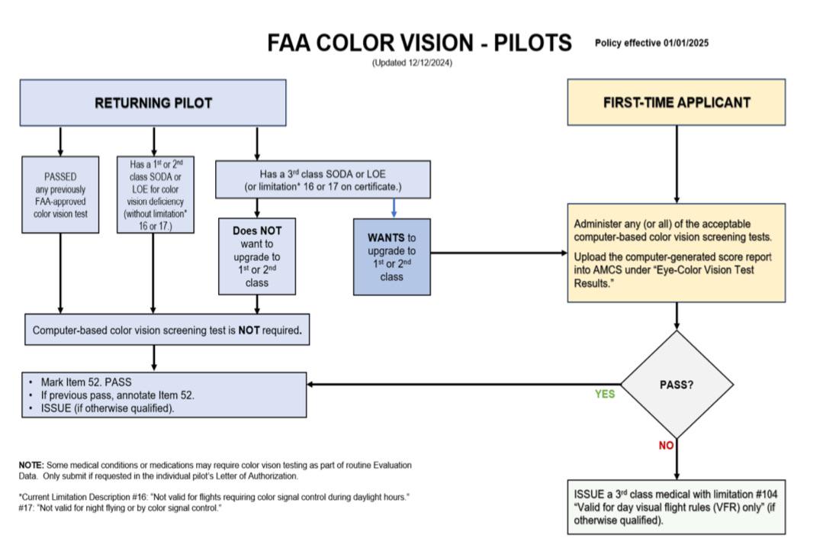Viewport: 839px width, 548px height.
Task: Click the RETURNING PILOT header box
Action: coord(153,103)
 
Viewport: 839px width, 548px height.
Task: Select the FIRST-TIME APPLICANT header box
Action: coord(676,102)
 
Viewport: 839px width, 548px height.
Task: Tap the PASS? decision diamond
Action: coord(677,385)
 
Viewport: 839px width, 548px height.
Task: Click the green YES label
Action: coord(604,395)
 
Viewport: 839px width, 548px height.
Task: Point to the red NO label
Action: coord(666,446)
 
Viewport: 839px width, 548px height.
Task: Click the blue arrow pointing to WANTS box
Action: coord(394,208)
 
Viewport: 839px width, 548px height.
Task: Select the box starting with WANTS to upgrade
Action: coord(391,256)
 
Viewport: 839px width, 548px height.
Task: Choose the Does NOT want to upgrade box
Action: coord(256,256)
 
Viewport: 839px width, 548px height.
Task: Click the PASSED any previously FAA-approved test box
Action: coord(60,194)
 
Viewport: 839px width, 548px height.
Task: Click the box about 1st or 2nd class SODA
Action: coord(154,194)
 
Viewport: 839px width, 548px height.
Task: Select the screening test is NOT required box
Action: coord(168,332)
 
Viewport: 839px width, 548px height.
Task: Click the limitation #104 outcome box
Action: coord(676,507)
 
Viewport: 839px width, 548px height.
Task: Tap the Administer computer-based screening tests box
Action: coord(676,253)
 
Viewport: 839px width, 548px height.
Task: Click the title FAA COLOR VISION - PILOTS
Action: coord(419,44)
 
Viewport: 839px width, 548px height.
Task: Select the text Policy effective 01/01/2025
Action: coord(651,43)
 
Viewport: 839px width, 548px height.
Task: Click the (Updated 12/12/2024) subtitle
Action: coord(412,63)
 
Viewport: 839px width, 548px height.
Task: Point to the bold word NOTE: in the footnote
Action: coord(31,465)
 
